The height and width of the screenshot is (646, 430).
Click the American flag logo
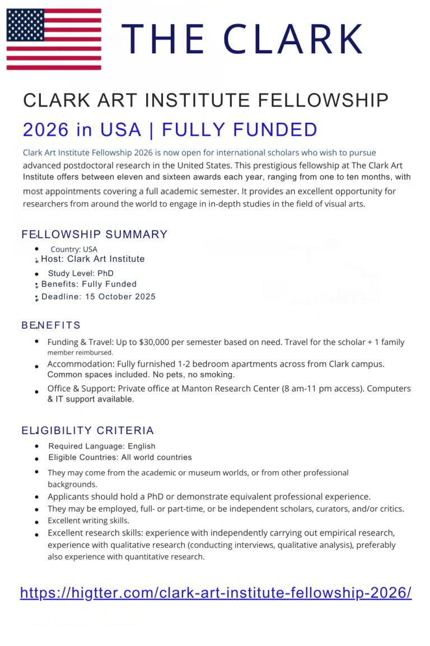tap(54, 39)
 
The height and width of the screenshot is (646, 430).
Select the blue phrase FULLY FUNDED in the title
tap(240, 130)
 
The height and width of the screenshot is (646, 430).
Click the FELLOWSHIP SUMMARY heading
tap(95, 234)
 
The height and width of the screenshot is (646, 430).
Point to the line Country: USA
tap(74, 249)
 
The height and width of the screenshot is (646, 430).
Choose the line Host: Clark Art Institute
tap(93, 259)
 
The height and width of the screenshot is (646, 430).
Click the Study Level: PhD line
tap(81, 274)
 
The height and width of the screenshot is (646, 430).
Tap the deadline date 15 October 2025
tap(120, 297)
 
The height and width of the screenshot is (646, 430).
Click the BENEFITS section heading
tap(52, 325)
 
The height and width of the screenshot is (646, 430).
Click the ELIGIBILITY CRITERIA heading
tap(88, 431)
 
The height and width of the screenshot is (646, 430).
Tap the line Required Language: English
tap(102, 446)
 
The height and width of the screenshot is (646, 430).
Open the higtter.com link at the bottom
tap(216, 593)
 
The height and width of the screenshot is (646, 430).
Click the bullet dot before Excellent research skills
tap(36, 534)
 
